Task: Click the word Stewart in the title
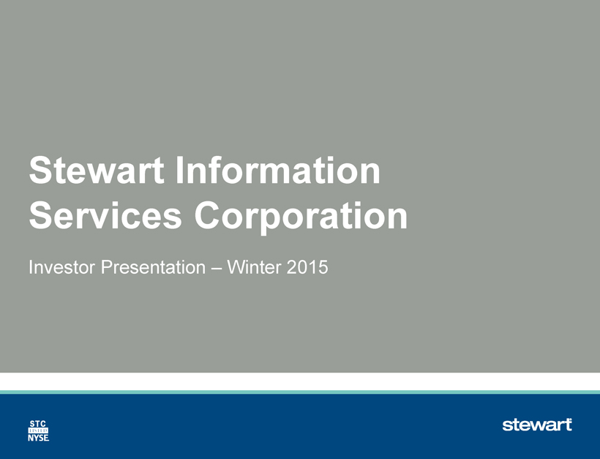pos(97,170)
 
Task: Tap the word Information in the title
pos(278,170)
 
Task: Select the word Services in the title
pos(105,215)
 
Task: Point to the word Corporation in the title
pos(301,217)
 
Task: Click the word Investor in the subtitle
pos(61,266)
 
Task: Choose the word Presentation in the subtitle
pos(153,266)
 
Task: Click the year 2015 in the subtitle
pos(307,266)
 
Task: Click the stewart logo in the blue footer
pos(537,425)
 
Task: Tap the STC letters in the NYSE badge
pos(38,424)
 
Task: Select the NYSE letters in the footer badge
pos(38,438)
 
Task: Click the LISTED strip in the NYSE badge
pos(38,430)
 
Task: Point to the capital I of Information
pos(179,170)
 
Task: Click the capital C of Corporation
pos(209,215)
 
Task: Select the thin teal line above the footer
pos(300,392)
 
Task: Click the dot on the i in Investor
pos(31,261)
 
